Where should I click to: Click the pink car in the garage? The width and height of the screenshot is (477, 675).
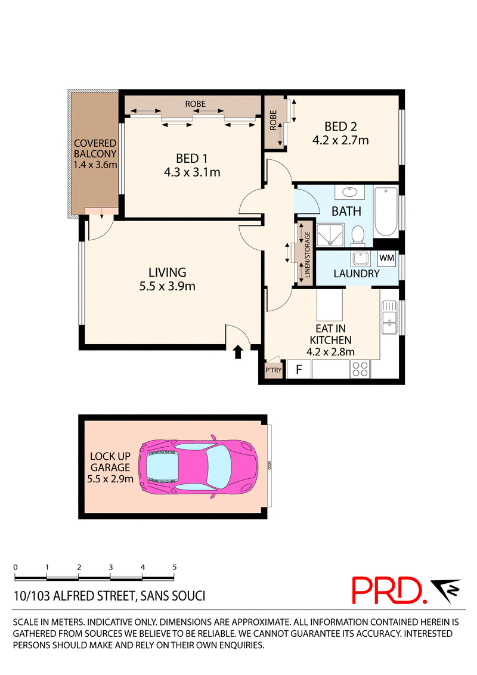(x=198, y=468)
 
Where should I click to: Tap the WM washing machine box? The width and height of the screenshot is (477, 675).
(x=386, y=258)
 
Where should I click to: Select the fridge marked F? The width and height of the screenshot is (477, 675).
(x=298, y=369)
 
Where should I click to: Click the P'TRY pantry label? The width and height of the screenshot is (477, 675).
(x=273, y=370)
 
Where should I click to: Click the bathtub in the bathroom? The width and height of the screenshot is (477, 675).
(x=386, y=212)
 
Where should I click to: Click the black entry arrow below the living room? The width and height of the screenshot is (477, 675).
(x=238, y=352)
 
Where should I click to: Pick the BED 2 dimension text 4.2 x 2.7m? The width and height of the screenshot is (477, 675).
(x=340, y=140)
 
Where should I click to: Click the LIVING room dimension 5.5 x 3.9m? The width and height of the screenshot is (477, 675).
(x=167, y=286)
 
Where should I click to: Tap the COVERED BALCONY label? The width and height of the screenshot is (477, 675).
(x=95, y=148)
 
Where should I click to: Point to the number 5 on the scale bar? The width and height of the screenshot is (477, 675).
(x=174, y=567)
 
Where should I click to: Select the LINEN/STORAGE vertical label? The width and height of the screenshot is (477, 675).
(x=308, y=254)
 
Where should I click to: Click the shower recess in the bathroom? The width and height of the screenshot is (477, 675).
(x=330, y=235)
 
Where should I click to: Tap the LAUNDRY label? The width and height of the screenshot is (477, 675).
(x=357, y=274)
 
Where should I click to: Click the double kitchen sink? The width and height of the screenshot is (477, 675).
(x=389, y=318)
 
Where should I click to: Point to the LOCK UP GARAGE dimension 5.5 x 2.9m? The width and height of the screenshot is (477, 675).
(x=110, y=479)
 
